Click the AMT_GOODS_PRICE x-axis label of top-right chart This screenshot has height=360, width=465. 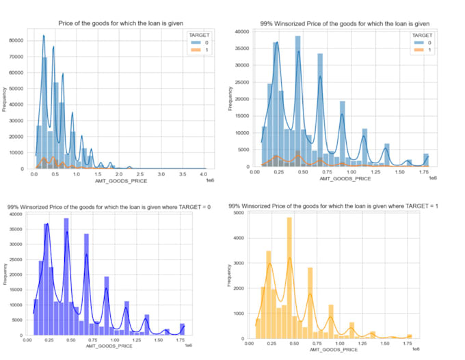pyautogui.click(x=345, y=179)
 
